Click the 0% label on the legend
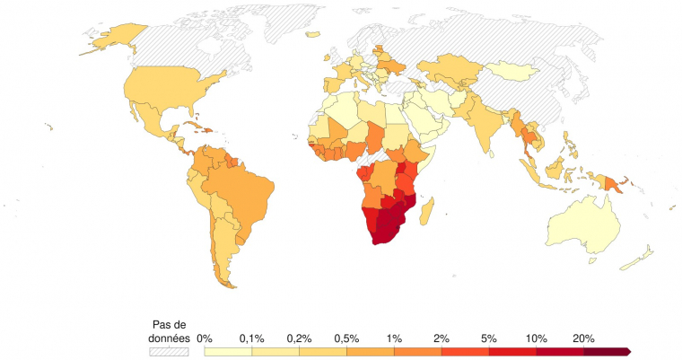(205, 338)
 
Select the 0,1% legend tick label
(251, 338)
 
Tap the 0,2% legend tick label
(299, 338)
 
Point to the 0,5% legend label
(346, 338)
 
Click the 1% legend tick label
(394, 338)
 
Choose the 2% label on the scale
(441, 338)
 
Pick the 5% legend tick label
(488, 338)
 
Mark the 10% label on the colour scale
(536, 338)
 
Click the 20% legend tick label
(583, 338)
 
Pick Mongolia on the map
(511, 71)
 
